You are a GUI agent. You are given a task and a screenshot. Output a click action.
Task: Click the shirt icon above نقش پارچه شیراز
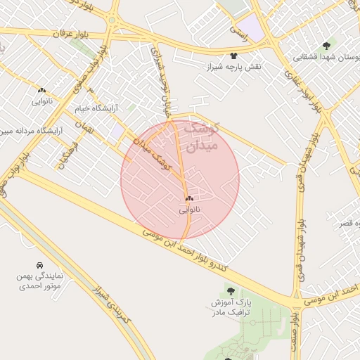(x=233, y=54)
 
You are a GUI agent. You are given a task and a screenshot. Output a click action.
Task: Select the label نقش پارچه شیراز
(x=232, y=66)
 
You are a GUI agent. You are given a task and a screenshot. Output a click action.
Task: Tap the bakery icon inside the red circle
(x=189, y=198)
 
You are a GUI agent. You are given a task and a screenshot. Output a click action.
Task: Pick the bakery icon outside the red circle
(x=41, y=90)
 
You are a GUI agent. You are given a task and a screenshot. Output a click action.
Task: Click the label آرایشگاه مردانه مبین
(x=31, y=130)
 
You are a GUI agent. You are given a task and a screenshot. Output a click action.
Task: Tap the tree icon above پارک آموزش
(x=230, y=290)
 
